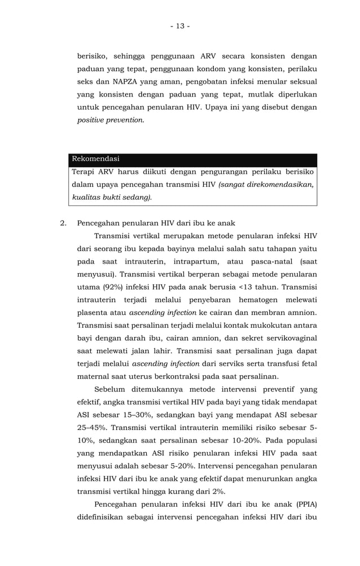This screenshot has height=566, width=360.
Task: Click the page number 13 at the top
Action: click(x=180, y=26)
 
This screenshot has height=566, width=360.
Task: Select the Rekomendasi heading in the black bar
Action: click(x=95, y=159)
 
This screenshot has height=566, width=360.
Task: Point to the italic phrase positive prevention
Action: click(x=109, y=120)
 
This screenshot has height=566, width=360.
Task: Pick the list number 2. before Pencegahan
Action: click(x=64, y=223)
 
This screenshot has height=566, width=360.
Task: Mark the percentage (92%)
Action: click(x=113, y=287)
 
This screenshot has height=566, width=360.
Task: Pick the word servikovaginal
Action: click(x=287, y=338)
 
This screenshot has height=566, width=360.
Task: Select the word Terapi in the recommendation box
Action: click(x=84, y=172)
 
